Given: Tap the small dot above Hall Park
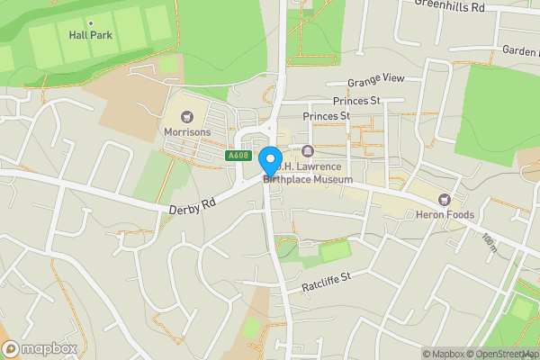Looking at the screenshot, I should click(x=89, y=22).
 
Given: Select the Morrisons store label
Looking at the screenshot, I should click(x=186, y=131).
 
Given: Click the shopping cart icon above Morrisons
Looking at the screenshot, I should click(x=187, y=116).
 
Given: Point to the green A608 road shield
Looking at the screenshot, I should click(x=238, y=156).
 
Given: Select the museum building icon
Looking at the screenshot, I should click(x=308, y=150).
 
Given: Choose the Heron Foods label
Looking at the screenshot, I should click(x=444, y=214).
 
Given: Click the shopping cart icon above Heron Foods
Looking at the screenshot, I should click(x=443, y=199).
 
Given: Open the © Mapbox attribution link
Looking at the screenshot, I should click(x=445, y=353).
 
